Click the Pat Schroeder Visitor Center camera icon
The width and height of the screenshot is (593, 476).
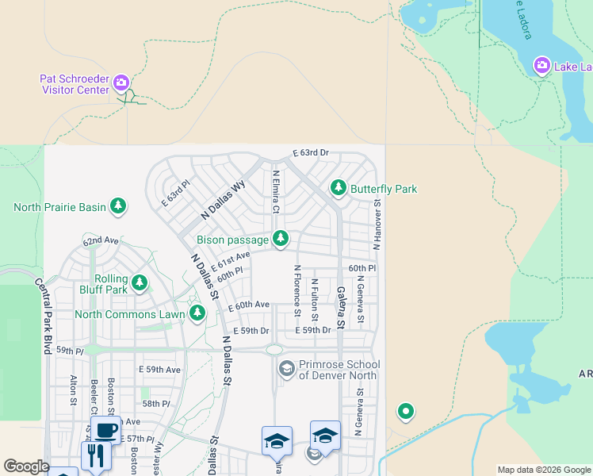(x=121, y=82)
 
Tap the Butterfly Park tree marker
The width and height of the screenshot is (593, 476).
(x=339, y=188)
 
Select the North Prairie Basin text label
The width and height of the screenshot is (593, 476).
(x=59, y=208)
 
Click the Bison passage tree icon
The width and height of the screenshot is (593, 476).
(x=280, y=238)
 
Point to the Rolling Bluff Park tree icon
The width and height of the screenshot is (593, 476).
(x=140, y=282)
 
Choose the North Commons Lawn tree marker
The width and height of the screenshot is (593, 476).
(x=197, y=314)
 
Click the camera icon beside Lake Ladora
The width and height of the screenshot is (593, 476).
(x=542, y=65)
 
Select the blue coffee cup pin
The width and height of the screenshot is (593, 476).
(x=105, y=431)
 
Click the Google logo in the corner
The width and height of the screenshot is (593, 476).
(x=26, y=466)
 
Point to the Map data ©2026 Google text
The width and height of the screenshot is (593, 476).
(x=543, y=470)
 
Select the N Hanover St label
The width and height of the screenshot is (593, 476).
(x=378, y=225)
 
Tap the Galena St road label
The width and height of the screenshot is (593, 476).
(x=341, y=307)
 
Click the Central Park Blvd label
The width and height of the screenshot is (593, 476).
(x=42, y=315)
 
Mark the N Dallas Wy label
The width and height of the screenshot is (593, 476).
(x=224, y=201)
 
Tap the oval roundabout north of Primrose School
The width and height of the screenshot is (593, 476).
(x=274, y=349)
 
